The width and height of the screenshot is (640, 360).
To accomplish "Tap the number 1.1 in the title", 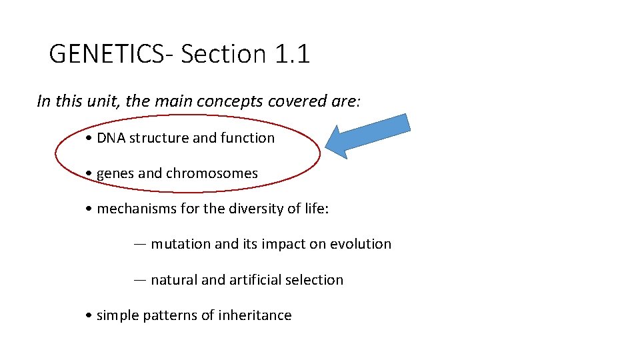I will point(292,54).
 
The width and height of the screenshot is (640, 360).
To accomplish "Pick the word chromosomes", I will point(211,173).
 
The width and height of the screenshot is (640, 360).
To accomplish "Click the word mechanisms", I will point(137,209).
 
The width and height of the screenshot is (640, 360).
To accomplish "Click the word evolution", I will point(361,244).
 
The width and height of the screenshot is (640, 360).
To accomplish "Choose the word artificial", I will point(255,280).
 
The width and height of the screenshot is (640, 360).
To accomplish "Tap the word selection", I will point(314,280).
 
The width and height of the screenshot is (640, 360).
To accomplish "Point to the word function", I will point(249,138).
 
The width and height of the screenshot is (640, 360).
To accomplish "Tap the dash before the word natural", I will point(140,280).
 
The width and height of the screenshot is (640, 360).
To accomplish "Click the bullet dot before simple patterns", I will point(89,315).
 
